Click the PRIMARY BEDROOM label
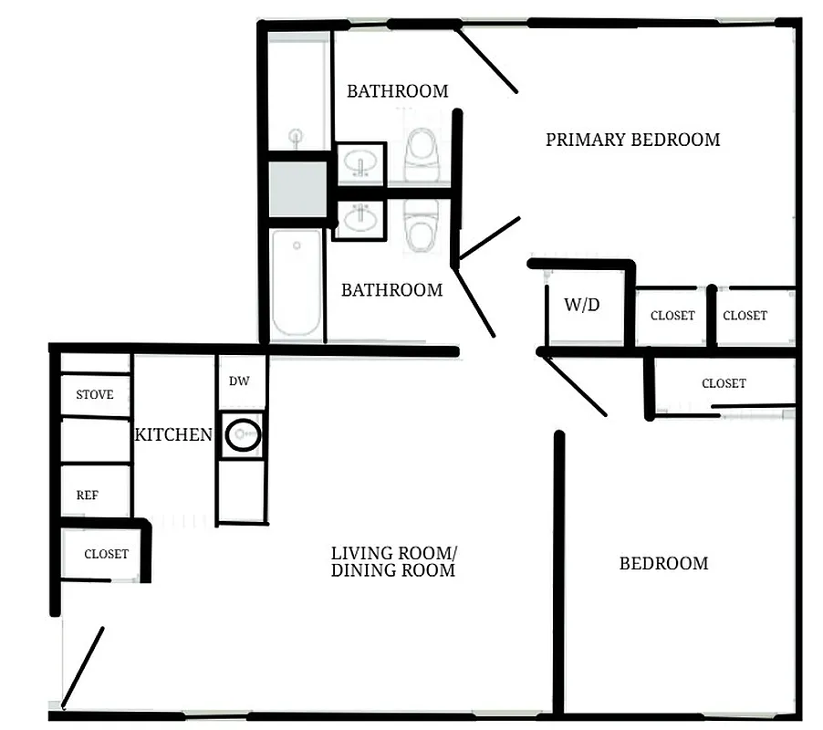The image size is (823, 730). tap(632, 140)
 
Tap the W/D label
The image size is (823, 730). tap(581, 305)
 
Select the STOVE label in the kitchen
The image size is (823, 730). tap(95, 394)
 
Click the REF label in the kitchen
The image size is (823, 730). tap(88, 495)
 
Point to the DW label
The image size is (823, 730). tap(240, 381)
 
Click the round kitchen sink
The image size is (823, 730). tap(243, 435)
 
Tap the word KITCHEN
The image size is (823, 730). tap(173, 434)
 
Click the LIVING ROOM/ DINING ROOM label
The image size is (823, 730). tap(393, 561)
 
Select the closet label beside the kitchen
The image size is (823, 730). tap(106, 554)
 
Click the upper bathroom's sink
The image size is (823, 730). tap(360, 164)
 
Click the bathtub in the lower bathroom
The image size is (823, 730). tap(297, 283)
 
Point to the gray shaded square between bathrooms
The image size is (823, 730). tap(297, 188)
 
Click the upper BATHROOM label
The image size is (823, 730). tap(397, 90)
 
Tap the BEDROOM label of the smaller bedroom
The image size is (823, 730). tap(663, 563)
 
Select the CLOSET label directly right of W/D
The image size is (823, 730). tap(672, 316)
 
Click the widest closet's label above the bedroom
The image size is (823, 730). tap(724, 383)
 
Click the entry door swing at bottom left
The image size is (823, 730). tap(82, 667)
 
